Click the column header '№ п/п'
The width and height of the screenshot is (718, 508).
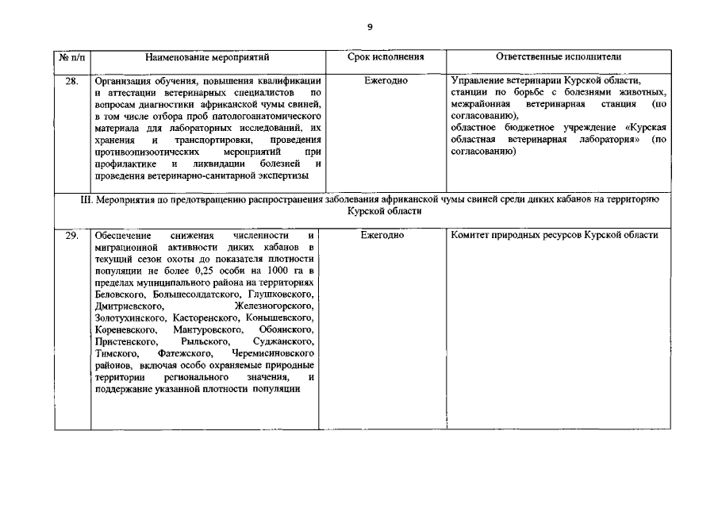(72, 58)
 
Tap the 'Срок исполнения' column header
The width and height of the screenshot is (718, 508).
(386, 58)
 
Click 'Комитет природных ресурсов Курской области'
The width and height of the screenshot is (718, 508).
(554, 237)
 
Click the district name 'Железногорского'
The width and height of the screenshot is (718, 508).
(274, 306)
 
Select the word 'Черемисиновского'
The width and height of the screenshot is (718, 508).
(274, 352)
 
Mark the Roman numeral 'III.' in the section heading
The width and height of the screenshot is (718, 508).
(87, 200)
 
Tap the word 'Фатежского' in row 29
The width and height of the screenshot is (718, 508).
(186, 352)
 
